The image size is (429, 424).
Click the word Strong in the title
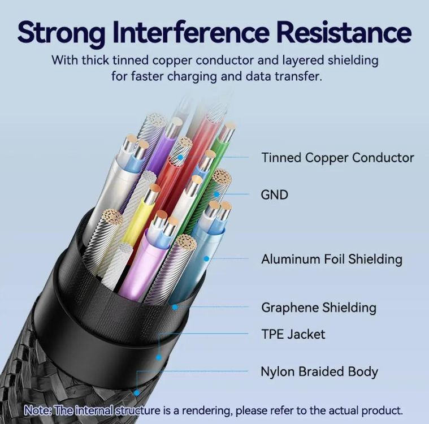click(62, 33)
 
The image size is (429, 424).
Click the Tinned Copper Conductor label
click(337, 158)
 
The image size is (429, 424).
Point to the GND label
click(275, 195)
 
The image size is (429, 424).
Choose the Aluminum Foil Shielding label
click(332, 259)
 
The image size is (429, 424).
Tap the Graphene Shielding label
click(319, 308)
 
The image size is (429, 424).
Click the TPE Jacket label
click(293, 334)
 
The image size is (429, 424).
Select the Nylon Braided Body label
click(319, 372)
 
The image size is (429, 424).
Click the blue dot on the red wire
click(180, 157)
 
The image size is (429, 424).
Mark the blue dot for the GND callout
click(216, 194)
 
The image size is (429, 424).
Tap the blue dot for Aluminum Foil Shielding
click(206, 258)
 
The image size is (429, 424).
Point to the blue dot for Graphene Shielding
click(175, 308)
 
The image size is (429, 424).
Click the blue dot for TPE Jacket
click(158, 357)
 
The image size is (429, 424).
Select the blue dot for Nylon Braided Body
click(137, 393)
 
